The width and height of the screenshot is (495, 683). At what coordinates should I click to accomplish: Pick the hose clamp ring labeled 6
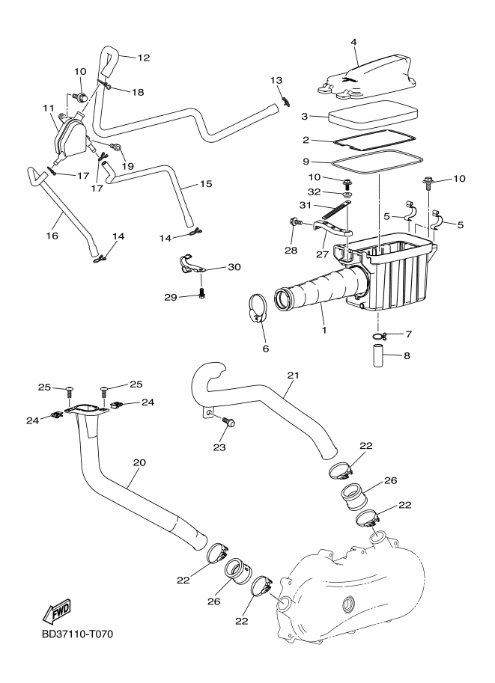[x=258, y=308]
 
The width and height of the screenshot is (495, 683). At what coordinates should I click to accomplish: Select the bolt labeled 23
[x=229, y=423]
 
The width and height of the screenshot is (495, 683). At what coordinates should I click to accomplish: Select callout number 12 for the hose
[x=143, y=57]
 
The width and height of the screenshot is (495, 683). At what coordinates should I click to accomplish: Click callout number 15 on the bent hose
[x=206, y=183]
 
